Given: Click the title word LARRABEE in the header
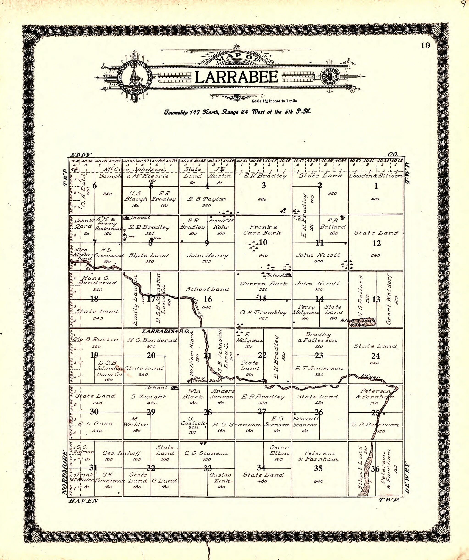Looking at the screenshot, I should coord(236,78).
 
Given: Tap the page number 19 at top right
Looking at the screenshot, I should coord(426,46).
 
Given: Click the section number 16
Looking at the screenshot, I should coord(207,299).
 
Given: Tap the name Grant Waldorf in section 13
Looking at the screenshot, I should coord(389,299).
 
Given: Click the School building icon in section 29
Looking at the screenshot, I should coord(175,388).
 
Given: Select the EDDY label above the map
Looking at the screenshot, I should coord(81,155).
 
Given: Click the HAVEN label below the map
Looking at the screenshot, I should coord(83,501).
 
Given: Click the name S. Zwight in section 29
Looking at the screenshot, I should coord(148,397).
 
